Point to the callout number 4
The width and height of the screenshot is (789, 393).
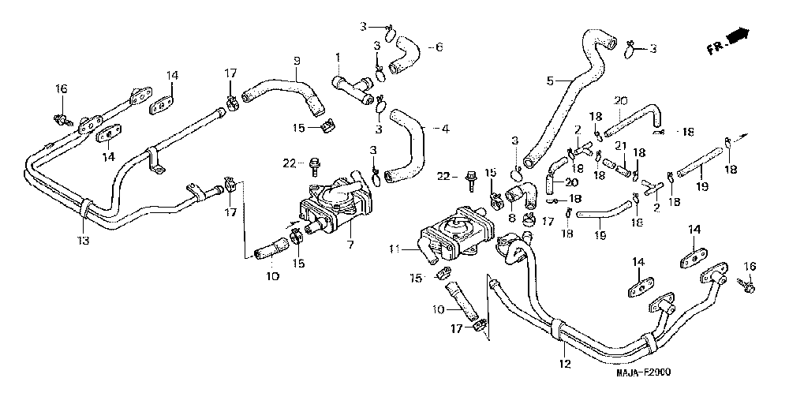445,128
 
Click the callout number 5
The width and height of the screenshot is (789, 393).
551,80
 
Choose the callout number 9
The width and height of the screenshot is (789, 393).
297,60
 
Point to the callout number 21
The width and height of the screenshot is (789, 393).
620,145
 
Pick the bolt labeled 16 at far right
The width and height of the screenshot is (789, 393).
746,283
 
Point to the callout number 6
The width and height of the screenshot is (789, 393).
439,47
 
